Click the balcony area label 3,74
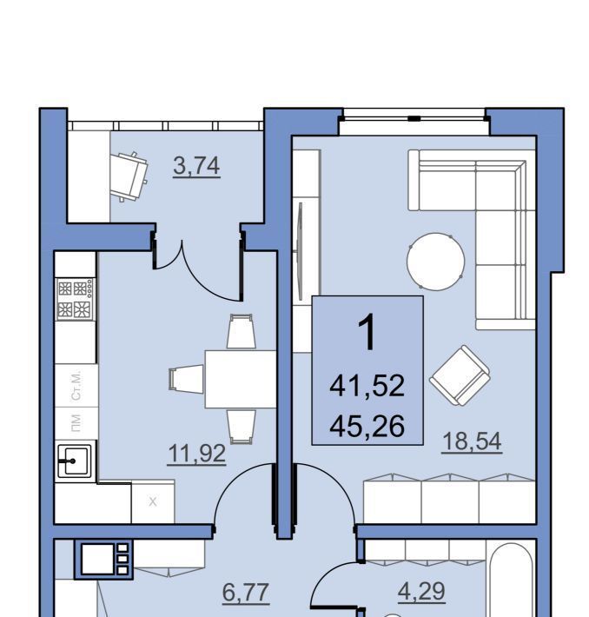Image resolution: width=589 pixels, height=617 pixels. point(196,166)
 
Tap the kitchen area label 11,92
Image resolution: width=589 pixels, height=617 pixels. point(196,454)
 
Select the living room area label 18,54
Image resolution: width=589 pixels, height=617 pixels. point(472,441)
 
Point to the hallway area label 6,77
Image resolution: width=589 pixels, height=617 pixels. point(246,593)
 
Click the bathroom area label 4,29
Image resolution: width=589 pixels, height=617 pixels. point(421,591)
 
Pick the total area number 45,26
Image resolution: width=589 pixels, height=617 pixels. point(367,427)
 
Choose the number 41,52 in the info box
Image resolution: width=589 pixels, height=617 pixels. point(367,386)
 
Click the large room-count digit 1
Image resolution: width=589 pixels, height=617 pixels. point(367,333)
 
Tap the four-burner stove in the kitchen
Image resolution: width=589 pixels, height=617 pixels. point(76,299)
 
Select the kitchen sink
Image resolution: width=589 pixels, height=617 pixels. point(75,461)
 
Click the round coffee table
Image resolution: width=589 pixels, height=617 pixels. point(435,262)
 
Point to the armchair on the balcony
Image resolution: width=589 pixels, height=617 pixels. point(129,176)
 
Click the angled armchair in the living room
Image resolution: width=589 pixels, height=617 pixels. point(460,375)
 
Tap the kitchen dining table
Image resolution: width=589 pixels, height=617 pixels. point(240,379)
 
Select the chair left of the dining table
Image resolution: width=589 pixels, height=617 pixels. point(186,379)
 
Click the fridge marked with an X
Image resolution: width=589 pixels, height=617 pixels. point(153,501)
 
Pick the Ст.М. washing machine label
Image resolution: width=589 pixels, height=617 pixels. point(76,385)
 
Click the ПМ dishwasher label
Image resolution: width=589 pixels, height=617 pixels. point(76,423)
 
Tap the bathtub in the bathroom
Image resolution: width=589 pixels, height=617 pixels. point(511,580)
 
